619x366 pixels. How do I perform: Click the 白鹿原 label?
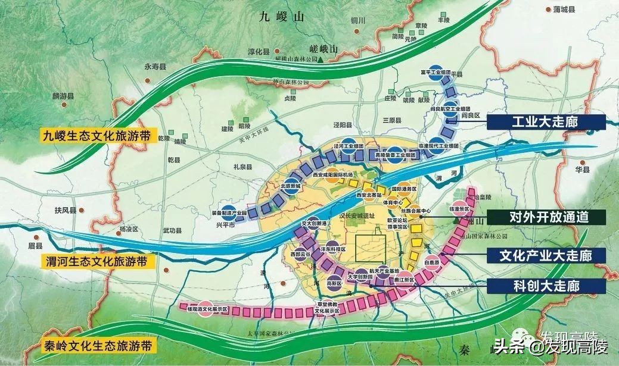432,262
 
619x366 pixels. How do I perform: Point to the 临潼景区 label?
458,210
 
